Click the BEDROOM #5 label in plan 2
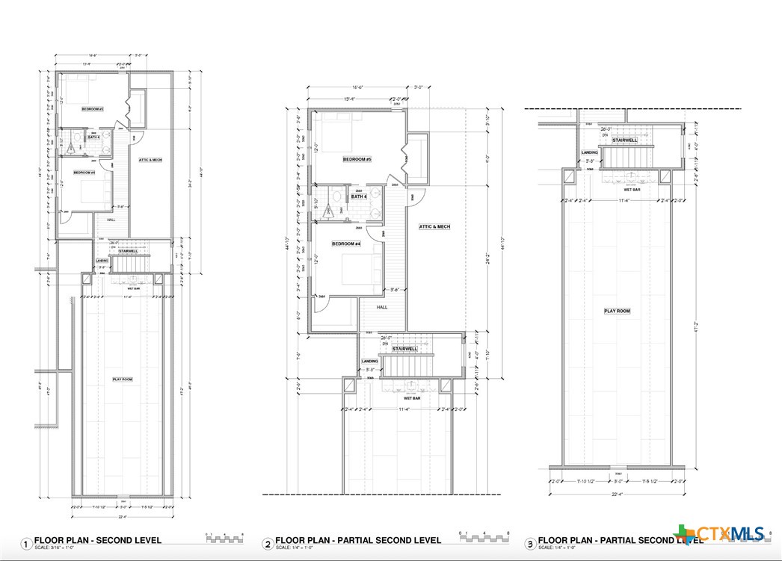[x=357, y=160]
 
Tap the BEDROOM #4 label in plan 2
[x=346, y=244]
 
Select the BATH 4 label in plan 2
[x=359, y=196]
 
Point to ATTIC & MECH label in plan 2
[x=434, y=226]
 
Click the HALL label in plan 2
[x=382, y=307]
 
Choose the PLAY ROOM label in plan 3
[x=617, y=310]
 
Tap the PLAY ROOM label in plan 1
[x=123, y=379]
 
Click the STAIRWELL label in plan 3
[x=624, y=140]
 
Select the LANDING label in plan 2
[x=370, y=361]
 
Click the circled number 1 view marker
[x=27, y=544]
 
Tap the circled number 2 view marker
[x=268, y=544]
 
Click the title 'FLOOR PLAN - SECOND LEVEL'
[x=98, y=540]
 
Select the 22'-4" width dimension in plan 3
[x=618, y=492]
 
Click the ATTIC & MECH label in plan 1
[x=150, y=160]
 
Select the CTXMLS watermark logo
[x=722, y=533]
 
